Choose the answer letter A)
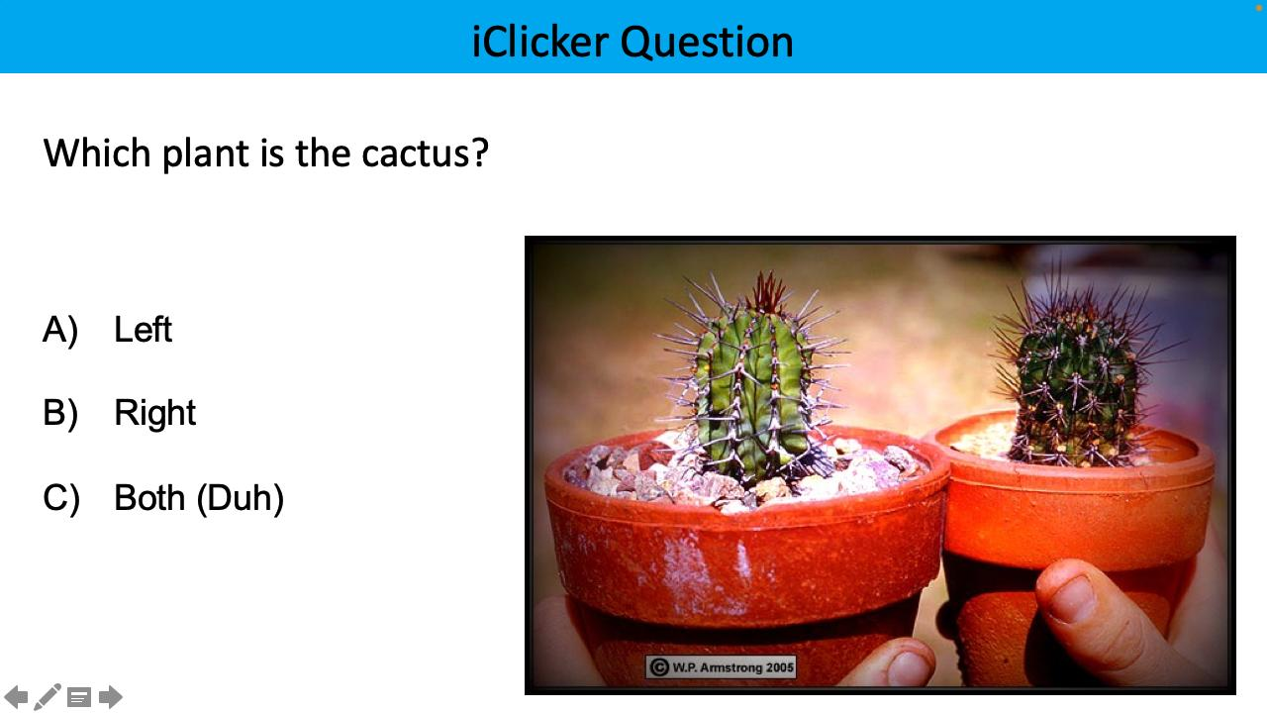click(60, 330)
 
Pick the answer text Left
click(143, 330)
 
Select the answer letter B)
click(60, 413)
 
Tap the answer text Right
click(154, 413)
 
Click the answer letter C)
click(60, 497)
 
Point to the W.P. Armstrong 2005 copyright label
click(721, 667)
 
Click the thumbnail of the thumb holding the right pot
click(1072, 595)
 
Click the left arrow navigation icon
click(17, 697)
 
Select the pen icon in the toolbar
click(48, 697)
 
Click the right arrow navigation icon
click(111, 697)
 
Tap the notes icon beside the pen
click(79, 697)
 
